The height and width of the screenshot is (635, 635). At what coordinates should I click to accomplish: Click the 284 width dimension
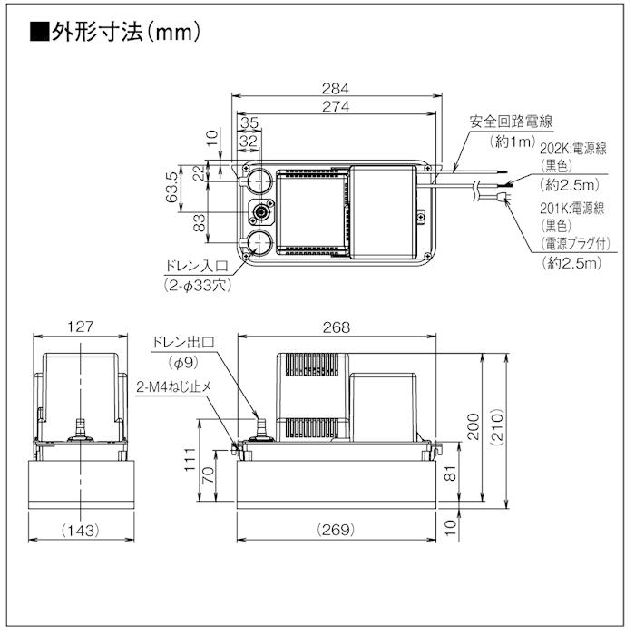[x=336, y=88]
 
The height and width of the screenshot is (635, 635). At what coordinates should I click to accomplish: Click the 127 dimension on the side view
[x=82, y=327]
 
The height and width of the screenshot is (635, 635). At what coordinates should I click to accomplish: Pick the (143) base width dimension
[x=82, y=529]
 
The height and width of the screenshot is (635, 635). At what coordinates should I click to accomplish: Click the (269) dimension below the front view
[x=336, y=529]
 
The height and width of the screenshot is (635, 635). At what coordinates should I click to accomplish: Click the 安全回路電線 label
[x=512, y=122]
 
